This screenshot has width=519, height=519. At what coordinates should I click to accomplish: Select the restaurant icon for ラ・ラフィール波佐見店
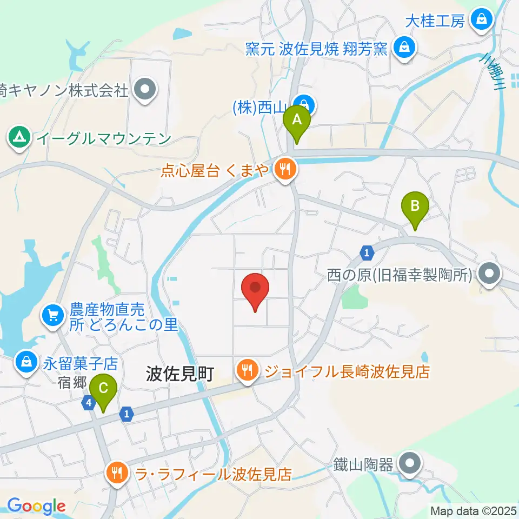click(116, 474)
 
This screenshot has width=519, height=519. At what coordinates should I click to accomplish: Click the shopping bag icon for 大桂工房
click(480, 20)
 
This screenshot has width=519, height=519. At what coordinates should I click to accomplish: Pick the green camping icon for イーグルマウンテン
click(20, 138)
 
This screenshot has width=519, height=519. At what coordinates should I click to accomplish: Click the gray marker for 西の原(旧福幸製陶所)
click(489, 274)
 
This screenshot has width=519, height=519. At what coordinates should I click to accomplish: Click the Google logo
click(36, 507)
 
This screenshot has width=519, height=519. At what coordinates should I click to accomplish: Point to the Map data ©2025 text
click(473, 510)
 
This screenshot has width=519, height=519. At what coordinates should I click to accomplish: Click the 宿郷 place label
click(72, 382)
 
